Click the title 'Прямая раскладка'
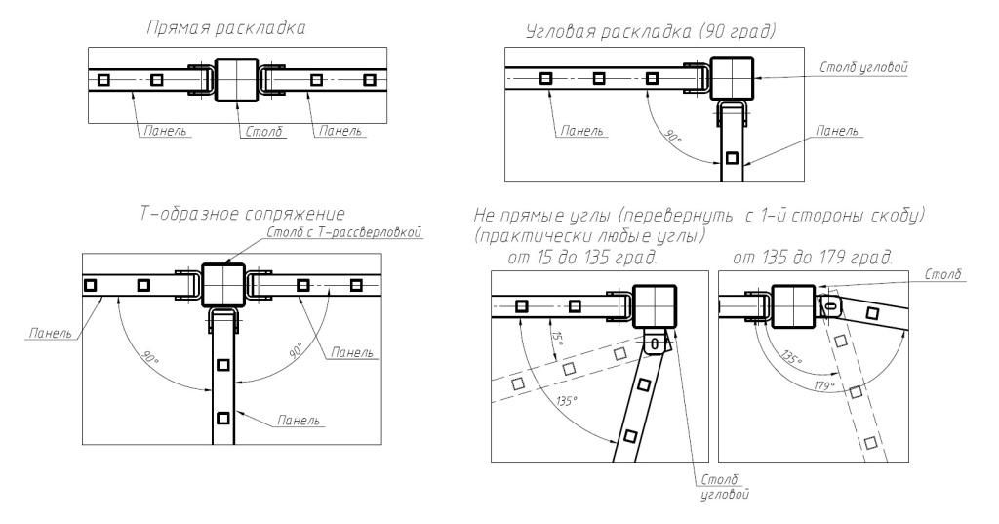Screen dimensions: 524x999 tap(225, 28)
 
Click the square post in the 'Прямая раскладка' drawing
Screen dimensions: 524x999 tap(234, 79)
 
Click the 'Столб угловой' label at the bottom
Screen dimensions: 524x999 tap(723, 488)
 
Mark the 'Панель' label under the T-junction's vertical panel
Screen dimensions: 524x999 tap(300, 421)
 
